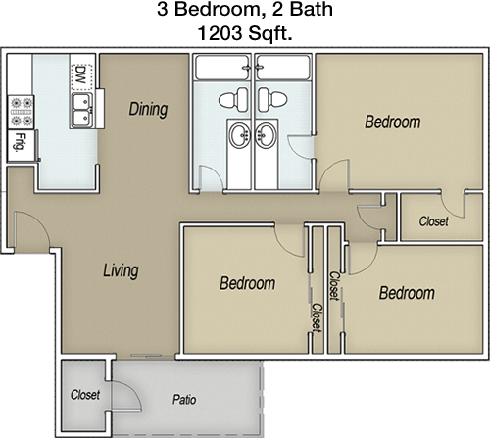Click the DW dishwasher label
click(x=80, y=75)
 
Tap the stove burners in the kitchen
click(x=21, y=112)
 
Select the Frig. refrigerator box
click(x=22, y=145)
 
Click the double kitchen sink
click(x=81, y=110)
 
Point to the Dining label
click(x=148, y=109)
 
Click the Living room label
click(x=121, y=270)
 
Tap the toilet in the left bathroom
click(x=233, y=99)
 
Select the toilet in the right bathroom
click(x=272, y=99)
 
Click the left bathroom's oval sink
click(x=240, y=135)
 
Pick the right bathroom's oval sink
click(x=267, y=135)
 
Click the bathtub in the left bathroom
click(x=222, y=68)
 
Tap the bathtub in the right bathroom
click(x=283, y=68)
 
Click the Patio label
click(x=184, y=399)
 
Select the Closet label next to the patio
click(x=85, y=395)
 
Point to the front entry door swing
click(x=32, y=228)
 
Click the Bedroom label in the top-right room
click(x=393, y=122)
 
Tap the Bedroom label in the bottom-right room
click(x=407, y=293)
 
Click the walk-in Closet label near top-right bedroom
click(x=434, y=221)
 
